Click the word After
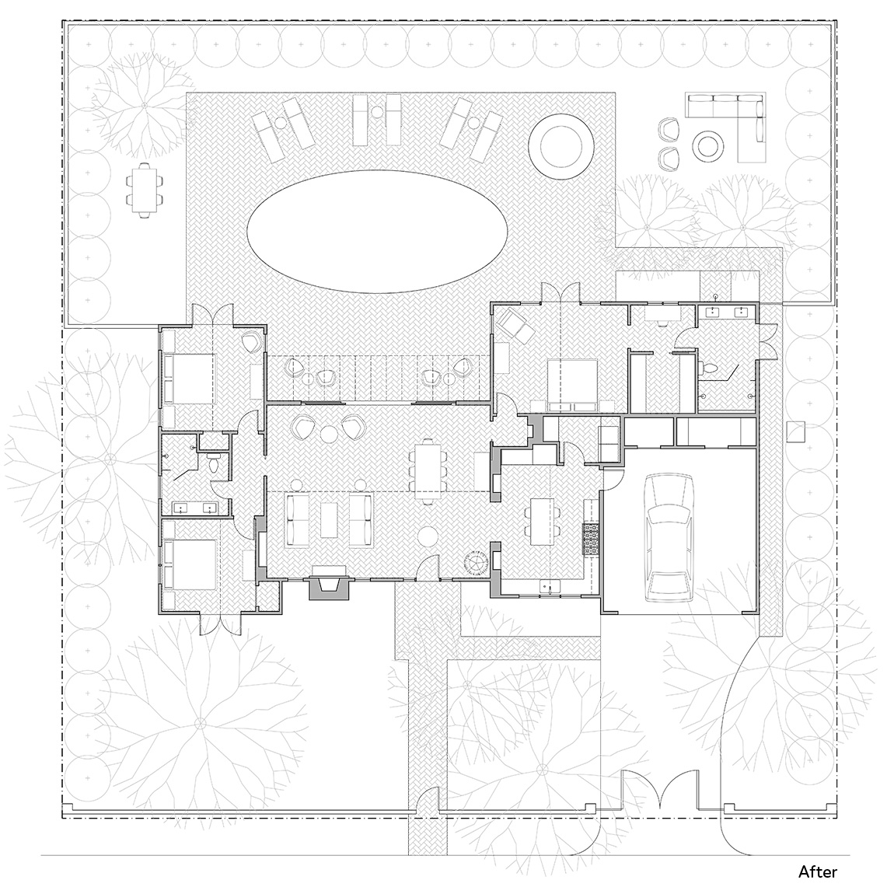[x=818, y=871]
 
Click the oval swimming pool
[x=377, y=232]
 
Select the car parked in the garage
[x=669, y=538]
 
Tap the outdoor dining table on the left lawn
[x=144, y=189]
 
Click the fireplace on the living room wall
[x=328, y=583]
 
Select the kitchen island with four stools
[x=541, y=522]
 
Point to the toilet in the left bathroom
[x=214, y=464]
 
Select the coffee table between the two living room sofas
[x=330, y=519]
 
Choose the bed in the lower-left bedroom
[x=189, y=564]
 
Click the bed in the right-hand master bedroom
[x=572, y=385]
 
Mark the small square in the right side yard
[x=796, y=431]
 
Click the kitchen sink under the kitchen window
[x=550, y=587]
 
